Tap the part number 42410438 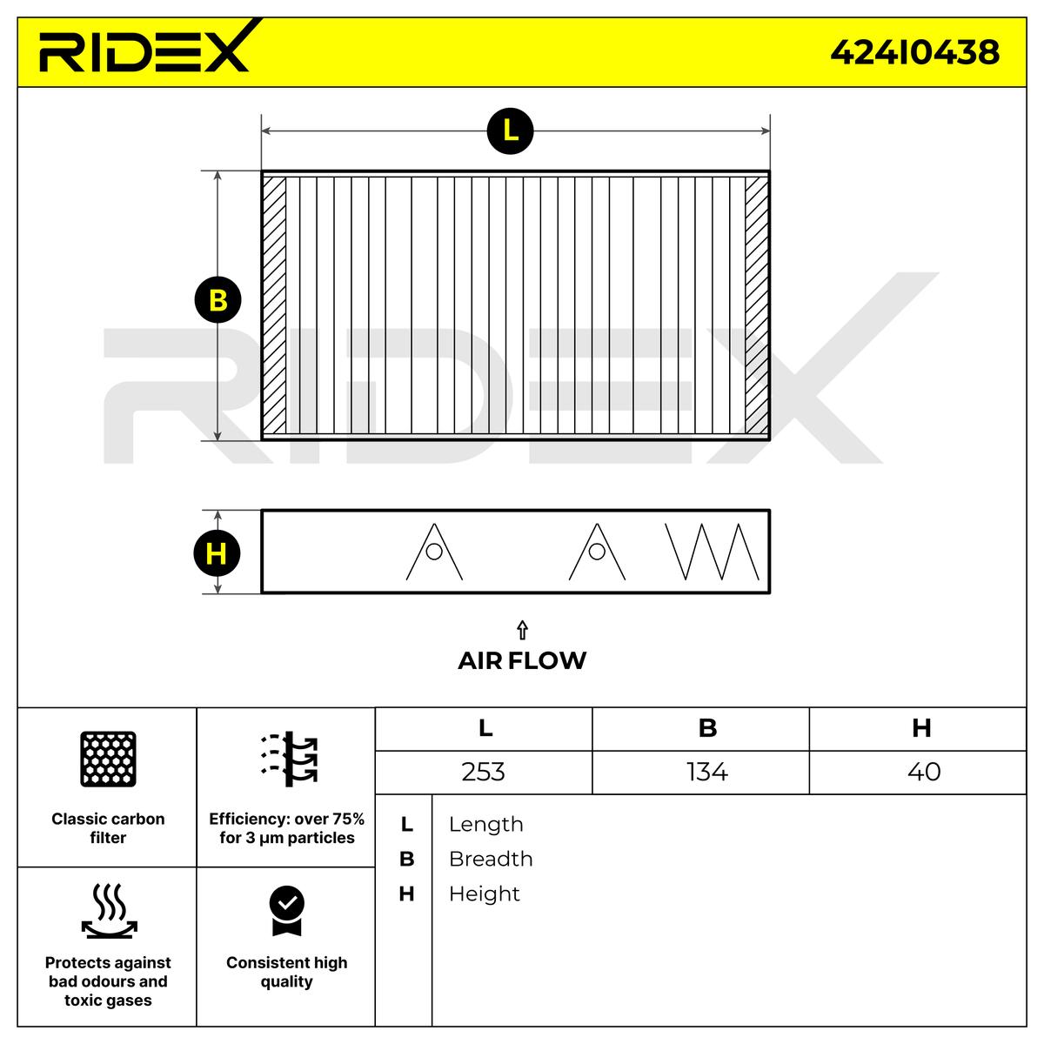point(914,53)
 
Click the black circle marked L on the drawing point(510,131)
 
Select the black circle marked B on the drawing point(217,300)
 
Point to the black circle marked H point(217,553)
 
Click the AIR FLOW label point(522,660)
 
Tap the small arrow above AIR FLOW point(522,630)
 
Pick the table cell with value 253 point(484,772)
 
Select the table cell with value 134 point(706,772)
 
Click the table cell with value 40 point(923,772)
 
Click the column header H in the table point(921,728)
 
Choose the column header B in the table point(707,728)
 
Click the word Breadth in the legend point(491,859)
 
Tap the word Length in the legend point(485,824)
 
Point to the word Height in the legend point(484,893)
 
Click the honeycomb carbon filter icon point(108,759)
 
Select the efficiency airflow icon point(289,759)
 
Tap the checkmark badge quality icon point(286,910)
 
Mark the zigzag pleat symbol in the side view point(711,552)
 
